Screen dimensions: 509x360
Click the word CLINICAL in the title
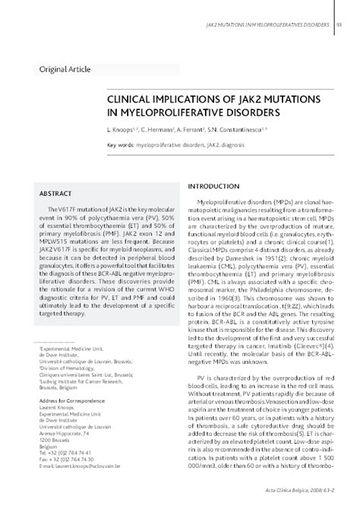click(134, 101)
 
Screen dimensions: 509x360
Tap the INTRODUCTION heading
click(218, 186)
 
